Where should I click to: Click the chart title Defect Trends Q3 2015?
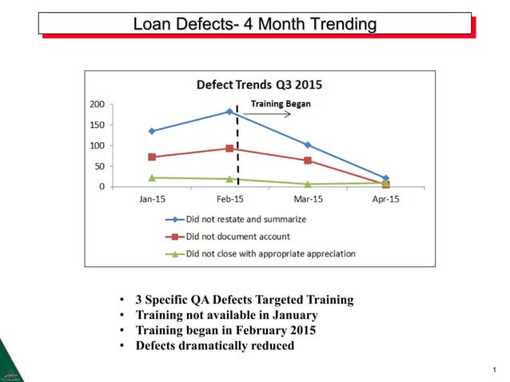(260, 84)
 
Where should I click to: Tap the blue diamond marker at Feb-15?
(229, 112)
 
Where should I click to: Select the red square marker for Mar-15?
(308, 161)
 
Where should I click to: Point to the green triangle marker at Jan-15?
(152, 177)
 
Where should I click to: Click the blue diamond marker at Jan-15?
(152, 131)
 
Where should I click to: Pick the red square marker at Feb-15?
(229, 149)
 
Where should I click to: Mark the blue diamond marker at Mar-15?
(308, 145)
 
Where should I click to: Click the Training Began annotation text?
(281, 104)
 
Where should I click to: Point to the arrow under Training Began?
(274, 114)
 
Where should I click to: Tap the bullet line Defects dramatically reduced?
(215, 346)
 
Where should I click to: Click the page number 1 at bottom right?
(495, 370)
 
